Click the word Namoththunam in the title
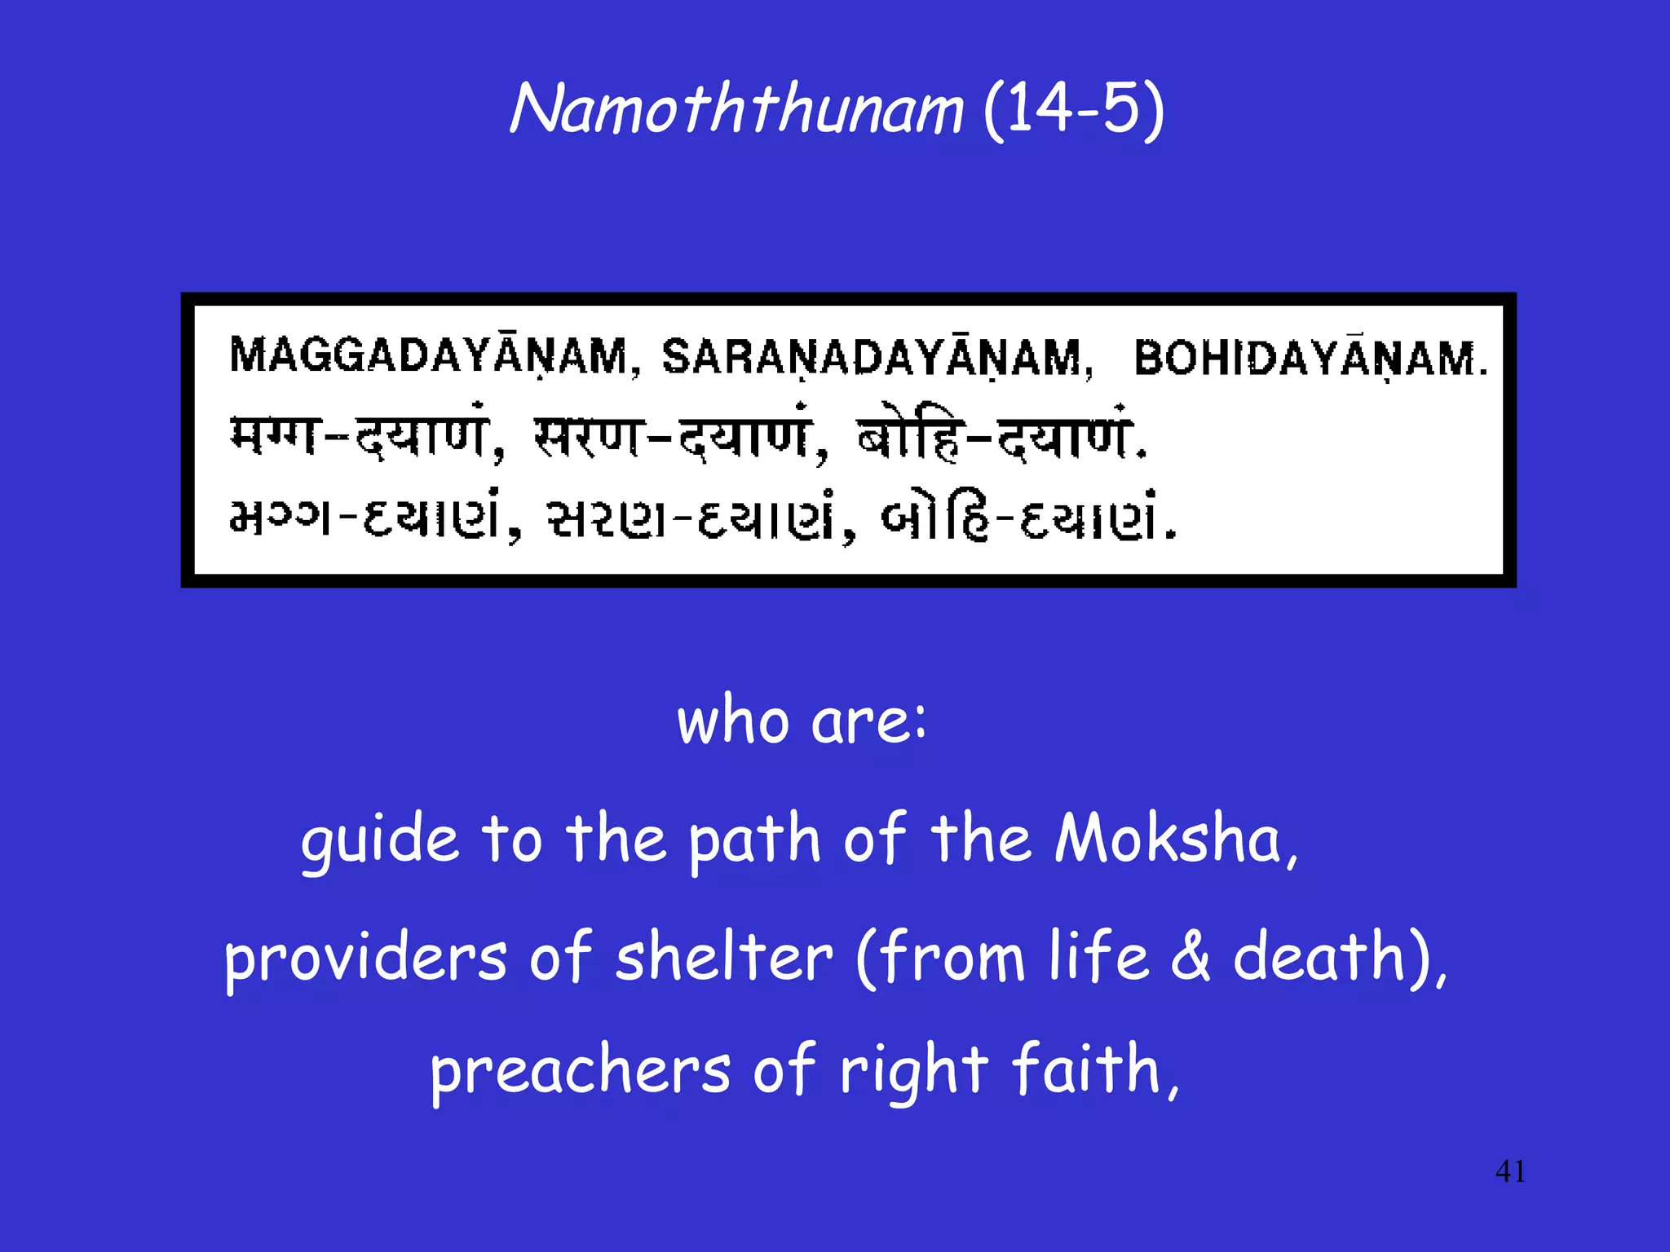click(x=736, y=110)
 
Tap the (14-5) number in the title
click(x=1073, y=110)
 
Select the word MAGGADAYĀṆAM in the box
click(x=430, y=356)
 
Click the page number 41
click(x=1510, y=1171)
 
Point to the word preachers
click(x=580, y=1071)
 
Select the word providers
click(x=365, y=958)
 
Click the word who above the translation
click(x=732, y=721)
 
